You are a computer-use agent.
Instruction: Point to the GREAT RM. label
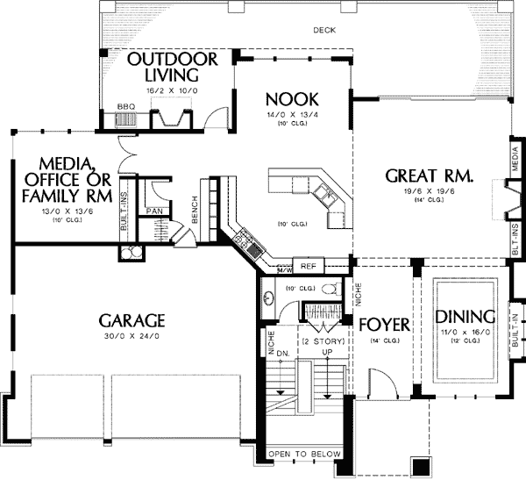pyautogui.click(x=429, y=176)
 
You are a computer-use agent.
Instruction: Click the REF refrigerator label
pyautogui.click(x=309, y=265)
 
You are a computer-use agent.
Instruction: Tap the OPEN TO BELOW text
pyautogui.click(x=303, y=454)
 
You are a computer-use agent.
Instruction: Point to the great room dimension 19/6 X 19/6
pyautogui.click(x=429, y=190)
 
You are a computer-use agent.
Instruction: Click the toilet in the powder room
pyautogui.click(x=330, y=288)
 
